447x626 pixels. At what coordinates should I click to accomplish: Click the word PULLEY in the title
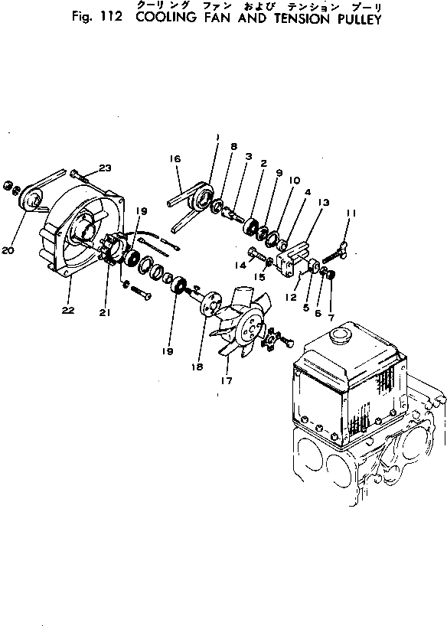pyautogui.click(x=359, y=19)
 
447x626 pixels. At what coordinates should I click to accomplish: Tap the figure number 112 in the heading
pyautogui.click(x=109, y=17)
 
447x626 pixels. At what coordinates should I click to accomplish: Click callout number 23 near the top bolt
pyautogui.click(x=105, y=168)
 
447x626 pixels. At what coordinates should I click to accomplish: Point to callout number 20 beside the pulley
pyautogui.click(x=8, y=250)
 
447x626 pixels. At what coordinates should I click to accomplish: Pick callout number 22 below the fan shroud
pyautogui.click(x=68, y=310)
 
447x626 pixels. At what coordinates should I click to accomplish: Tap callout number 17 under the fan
pyautogui.click(x=226, y=380)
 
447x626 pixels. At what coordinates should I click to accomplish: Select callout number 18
pyautogui.click(x=197, y=367)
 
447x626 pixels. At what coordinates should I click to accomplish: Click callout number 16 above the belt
pyautogui.click(x=175, y=158)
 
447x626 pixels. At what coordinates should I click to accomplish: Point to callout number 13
pyautogui.click(x=324, y=202)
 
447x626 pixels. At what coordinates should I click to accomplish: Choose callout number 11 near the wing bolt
pyautogui.click(x=351, y=214)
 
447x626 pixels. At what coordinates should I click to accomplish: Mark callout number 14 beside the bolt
pyautogui.click(x=240, y=264)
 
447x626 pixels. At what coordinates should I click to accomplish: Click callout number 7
pyautogui.click(x=331, y=319)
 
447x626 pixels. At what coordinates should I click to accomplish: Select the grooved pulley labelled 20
pyautogui.click(x=28, y=201)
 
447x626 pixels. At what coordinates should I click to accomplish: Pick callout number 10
pyautogui.click(x=294, y=181)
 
